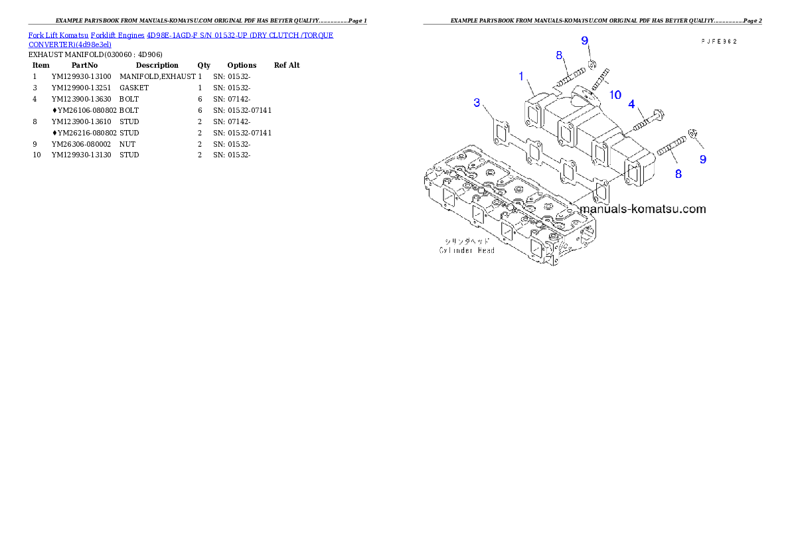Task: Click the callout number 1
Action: [522, 76]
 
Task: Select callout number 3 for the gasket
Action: [477, 102]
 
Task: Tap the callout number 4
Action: [631, 104]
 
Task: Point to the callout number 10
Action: [615, 95]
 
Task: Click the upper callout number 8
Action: [559, 55]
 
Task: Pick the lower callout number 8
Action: [678, 174]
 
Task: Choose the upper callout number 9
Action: [585, 40]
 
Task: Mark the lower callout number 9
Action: [702, 159]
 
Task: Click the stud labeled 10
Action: [599, 86]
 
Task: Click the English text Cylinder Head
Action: [466, 250]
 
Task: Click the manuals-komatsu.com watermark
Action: [643, 208]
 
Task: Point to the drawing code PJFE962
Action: [719, 41]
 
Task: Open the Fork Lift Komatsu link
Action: [58, 35]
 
